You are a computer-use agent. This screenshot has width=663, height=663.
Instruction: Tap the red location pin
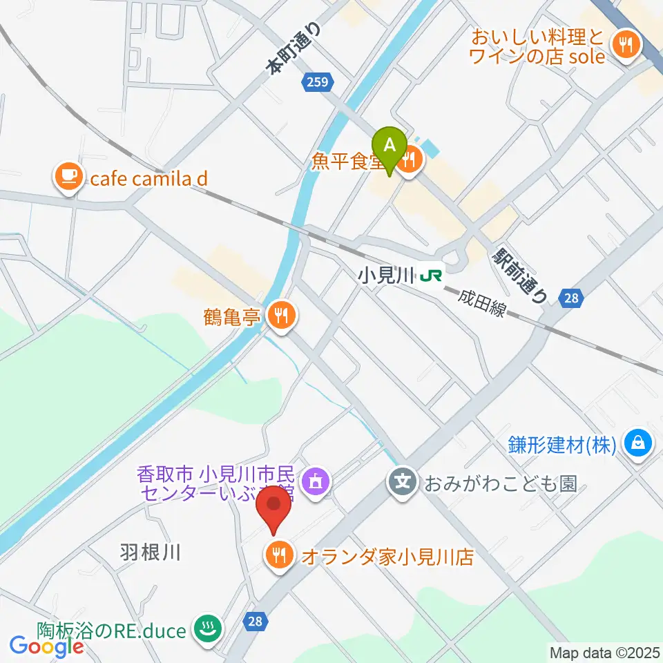[274, 508]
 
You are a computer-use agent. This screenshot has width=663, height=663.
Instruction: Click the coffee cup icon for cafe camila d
[68, 179]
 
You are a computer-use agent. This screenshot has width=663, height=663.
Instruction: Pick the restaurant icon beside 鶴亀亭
[281, 316]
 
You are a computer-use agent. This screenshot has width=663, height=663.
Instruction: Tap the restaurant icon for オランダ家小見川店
[279, 555]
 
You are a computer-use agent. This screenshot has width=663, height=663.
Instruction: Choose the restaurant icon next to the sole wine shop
[626, 46]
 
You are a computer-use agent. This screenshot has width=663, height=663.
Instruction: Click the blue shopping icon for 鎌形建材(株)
[637, 443]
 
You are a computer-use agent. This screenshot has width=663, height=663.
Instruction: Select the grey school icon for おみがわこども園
[401, 481]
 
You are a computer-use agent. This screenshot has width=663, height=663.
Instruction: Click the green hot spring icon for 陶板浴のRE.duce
[207, 629]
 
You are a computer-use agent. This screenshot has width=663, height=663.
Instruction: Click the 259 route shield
[319, 83]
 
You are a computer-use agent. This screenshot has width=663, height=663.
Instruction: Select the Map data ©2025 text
[603, 651]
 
